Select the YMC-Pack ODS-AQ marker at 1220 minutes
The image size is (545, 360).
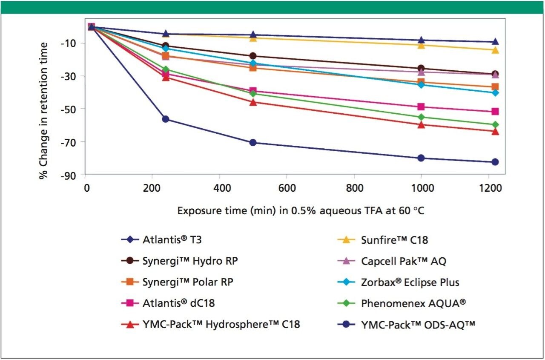pos(495,162)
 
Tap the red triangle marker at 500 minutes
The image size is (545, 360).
pos(253,102)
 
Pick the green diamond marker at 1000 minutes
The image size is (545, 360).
pos(421,117)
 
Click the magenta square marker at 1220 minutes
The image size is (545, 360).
pos(495,112)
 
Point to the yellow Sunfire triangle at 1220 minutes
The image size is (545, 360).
pos(495,50)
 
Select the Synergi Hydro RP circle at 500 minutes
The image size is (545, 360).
pos(253,56)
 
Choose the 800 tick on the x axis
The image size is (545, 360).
pos(354,188)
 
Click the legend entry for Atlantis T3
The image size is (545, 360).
pos(172,240)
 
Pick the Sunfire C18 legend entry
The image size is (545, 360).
pos(394,240)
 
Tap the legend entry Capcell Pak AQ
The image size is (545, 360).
pos(403,261)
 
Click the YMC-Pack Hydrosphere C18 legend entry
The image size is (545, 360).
pos(221,325)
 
